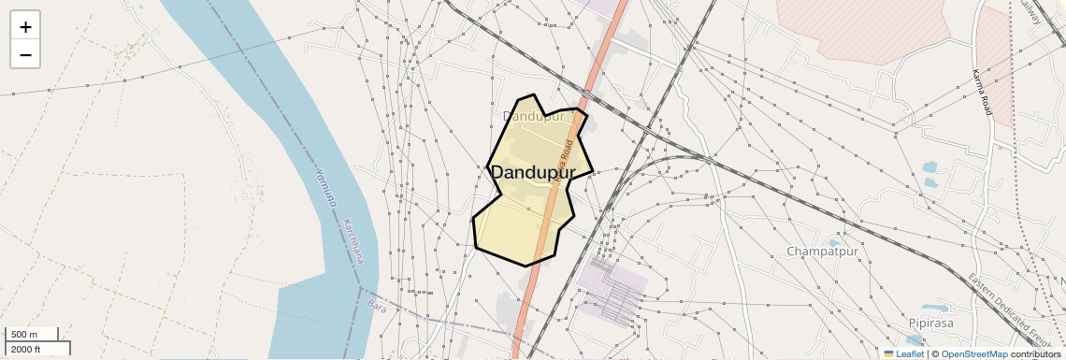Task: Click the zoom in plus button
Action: click(x=25, y=27)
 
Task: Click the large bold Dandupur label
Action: click(x=532, y=172)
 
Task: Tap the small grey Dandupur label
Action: click(x=534, y=117)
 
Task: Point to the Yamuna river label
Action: click(x=326, y=187)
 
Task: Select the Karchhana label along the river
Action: click(x=354, y=242)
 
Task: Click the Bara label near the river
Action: click(x=377, y=306)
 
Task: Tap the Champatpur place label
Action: click(x=822, y=252)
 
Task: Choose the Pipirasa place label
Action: click(x=929, y=323)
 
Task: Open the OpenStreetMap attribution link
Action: click(x=973, y=354)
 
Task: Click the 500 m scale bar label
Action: click(x=24, y=335)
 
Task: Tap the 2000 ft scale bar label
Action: click(x=26, y=349)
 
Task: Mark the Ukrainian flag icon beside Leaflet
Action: click(x=888, y=354)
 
